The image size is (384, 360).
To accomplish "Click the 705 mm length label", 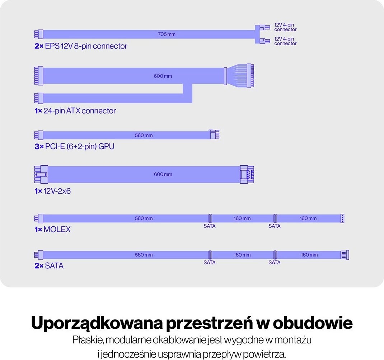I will pyautogui.click(x=167, y=34).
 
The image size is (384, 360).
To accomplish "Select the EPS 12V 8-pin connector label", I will pyautogui.click(x=81, y=46).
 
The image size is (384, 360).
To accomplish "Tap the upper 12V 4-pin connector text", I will pyautogui.click(x=285, y=27).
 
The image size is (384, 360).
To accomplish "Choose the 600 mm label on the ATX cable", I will pyautogui.click(x=163, y=77).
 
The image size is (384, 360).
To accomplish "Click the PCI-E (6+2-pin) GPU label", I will pyautogui.click(x=75, y=147).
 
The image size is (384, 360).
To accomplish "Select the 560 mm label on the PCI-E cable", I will pyautogui.click(x=144, y=135).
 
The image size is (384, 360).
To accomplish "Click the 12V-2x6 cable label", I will pyautogui.click(x=53, y=191).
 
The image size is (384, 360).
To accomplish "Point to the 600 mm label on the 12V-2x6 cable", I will pyautogui.click(x=163, y=174).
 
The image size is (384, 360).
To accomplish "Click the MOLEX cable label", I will pyautogui.click(x=52, y=230).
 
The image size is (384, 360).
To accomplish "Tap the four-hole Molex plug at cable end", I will pyautogui.click(x=342, y=218).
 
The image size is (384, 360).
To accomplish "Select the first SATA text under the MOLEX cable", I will pyautogui.click(x=210, y=226).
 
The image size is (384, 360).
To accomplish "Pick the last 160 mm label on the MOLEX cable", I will pyautogui.click(x=308, y=218).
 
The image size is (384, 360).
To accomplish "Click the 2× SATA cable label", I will pyautogui.click(x=49, y=266).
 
